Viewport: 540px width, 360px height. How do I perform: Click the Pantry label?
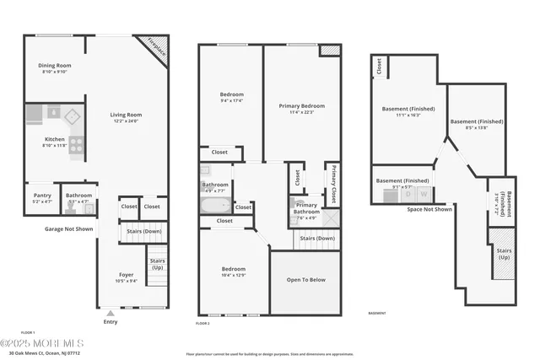click(42, 196)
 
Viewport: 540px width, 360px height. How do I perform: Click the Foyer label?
click(125, 275)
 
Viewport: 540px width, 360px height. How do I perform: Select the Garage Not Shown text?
click(68, 228)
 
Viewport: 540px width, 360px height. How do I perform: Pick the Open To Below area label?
click(305, 280)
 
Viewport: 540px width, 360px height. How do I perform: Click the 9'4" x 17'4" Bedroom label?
click(232, 94)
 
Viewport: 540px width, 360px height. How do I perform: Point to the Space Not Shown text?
click(429, 209)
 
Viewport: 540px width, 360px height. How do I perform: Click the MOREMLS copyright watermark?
click(42, 343)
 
